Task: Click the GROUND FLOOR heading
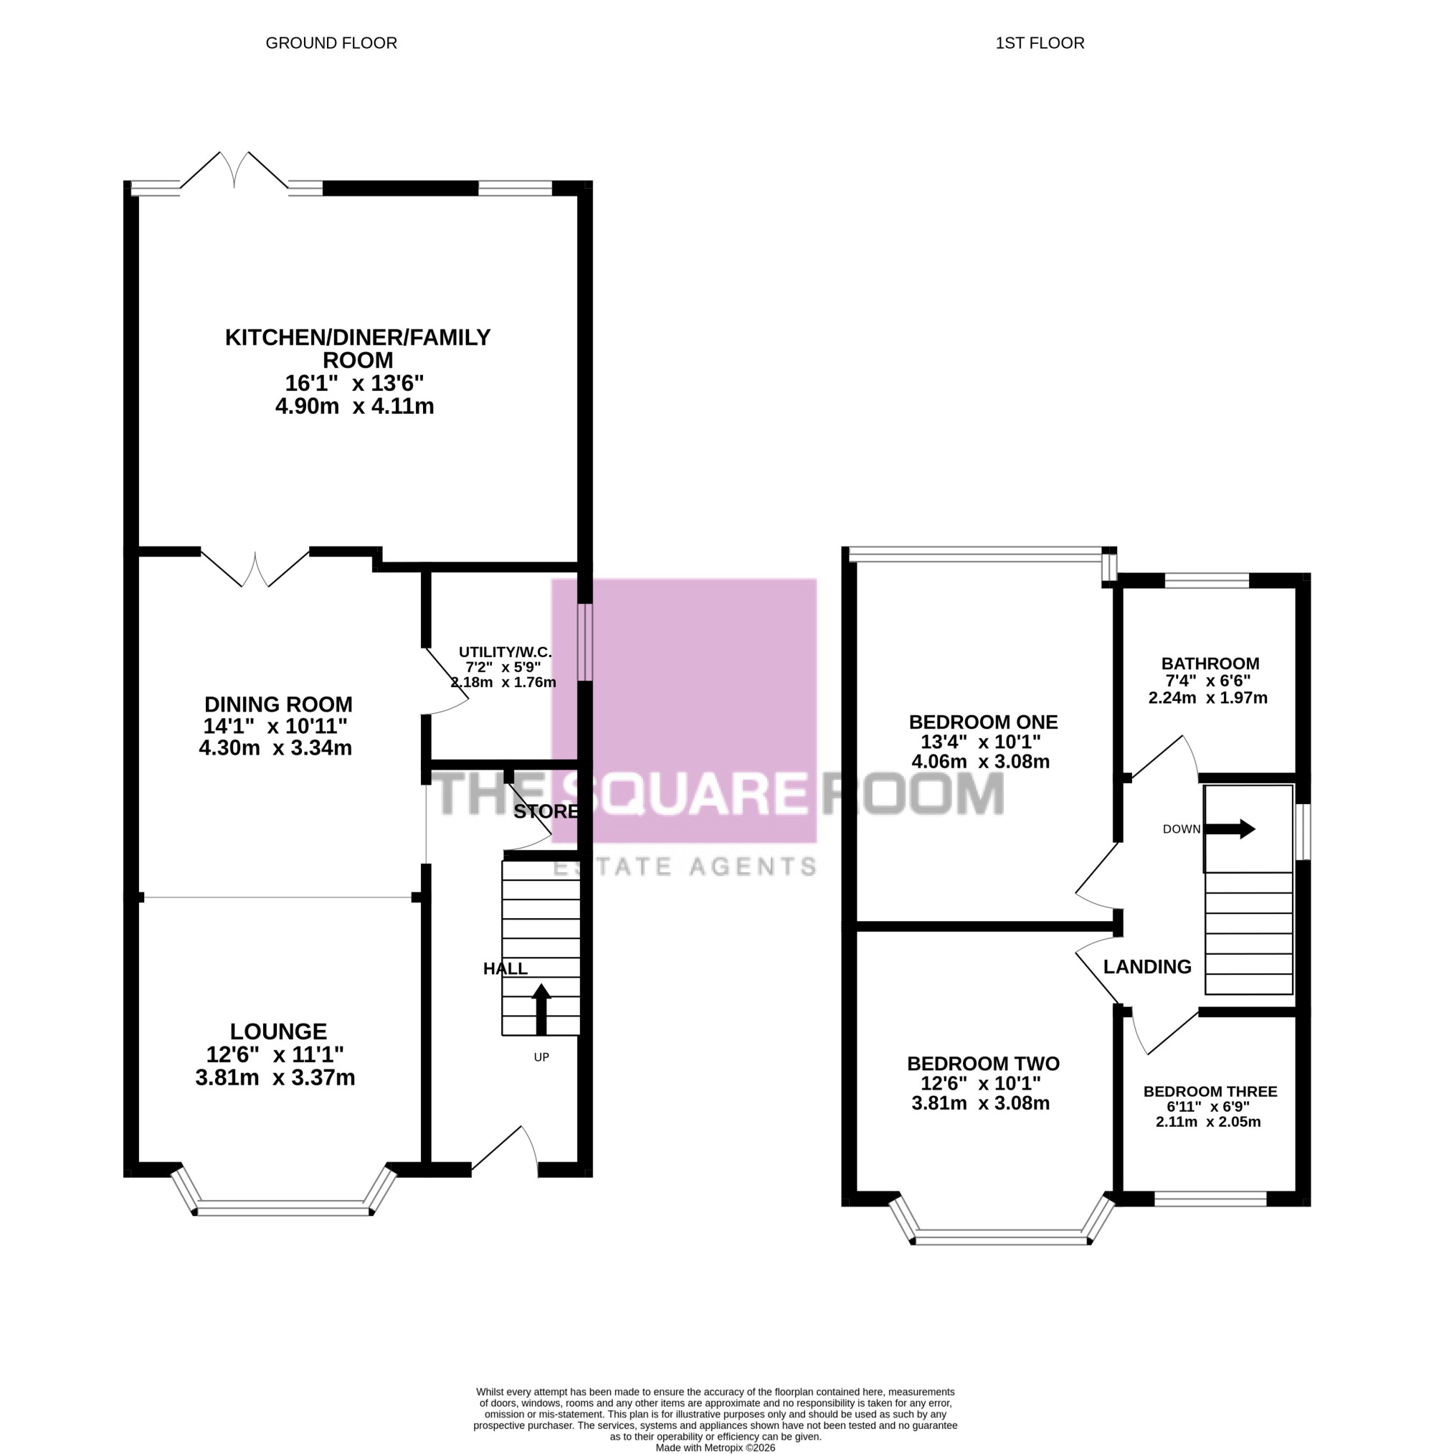331,43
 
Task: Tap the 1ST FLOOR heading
1040,43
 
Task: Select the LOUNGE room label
278,1031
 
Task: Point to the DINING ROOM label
278,704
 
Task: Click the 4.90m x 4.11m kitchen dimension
354,407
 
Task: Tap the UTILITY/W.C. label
505,652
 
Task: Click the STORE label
546,811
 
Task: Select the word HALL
505,968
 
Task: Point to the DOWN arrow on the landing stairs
1230,829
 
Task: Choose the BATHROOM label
1210,664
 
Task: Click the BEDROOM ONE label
983,722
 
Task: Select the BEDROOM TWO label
983,1063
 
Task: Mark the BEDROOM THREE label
1210,1091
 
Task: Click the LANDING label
1147,967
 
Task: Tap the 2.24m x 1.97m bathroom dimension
1207,698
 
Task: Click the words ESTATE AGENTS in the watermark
685,867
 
